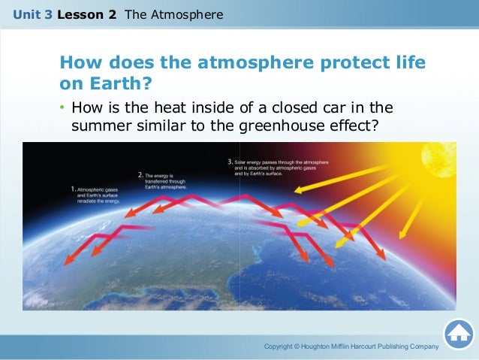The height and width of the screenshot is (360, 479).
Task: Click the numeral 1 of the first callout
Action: [x=72, y=189]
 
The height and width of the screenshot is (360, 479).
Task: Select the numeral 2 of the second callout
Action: [x=140, y=174]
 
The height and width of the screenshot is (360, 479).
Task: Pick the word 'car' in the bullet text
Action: [x=340, y=108]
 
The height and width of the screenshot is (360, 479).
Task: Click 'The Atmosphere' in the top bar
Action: [x=173, y=14]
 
